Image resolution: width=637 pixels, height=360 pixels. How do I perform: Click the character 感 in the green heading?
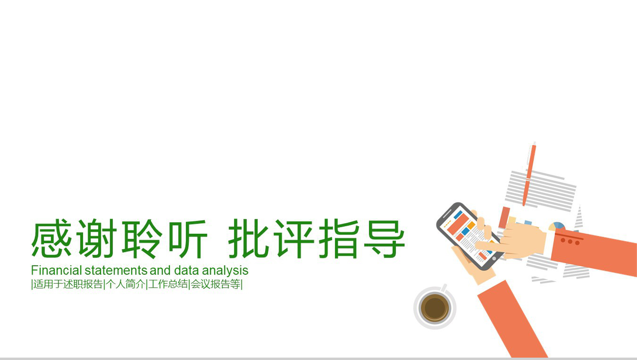[x=51, y=239]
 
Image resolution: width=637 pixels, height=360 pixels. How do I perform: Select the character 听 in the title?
[x=188, y=239]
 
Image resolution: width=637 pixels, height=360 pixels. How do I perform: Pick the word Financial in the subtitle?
[x=56, y=270]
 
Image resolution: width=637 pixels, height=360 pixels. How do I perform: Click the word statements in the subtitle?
[x=116, y=270]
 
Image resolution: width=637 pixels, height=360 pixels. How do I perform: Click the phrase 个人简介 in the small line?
[x=126, y=284]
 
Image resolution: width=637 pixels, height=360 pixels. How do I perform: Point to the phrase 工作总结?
[x=168, y=284]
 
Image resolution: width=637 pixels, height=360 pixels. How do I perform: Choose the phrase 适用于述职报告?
[x=68, y=284]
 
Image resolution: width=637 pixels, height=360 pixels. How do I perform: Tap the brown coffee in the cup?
[x=435, y=307]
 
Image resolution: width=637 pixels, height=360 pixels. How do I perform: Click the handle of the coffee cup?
[x=444, y=287]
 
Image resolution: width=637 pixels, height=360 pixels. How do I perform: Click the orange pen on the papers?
[x=529, y=174]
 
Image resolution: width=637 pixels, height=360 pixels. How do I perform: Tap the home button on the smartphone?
[x=494, y=259]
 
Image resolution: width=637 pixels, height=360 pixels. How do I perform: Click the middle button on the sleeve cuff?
[x=570, y=242]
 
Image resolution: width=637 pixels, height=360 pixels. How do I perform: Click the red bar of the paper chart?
[x=504, y=217]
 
